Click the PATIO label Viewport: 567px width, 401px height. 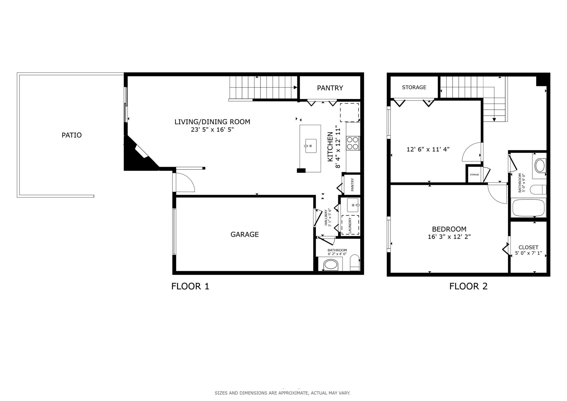pyautogui.click(x=72, y=135)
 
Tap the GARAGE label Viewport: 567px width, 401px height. pyautogui.click(x=245, y=234)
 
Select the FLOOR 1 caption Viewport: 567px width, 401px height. pyautogui.click(x=190, y=286)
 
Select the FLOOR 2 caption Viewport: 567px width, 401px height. pyautogui.click(x=468, y=286)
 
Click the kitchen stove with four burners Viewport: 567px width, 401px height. pyautogui.click(x=353, y=143)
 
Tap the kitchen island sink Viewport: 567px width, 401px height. pyautogui.click(x=310, y=146)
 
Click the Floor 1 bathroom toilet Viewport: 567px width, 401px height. pyautogui.click(x=355, y=263)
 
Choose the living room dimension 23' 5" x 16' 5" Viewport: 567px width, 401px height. pyautogui.click(x=212, y=129)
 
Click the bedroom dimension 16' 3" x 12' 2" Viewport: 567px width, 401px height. pyautogui.click(x=449, y=237)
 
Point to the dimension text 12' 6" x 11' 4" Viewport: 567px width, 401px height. pyautogui.click(x=428, y=149)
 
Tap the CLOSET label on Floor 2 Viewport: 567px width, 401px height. pyautogui.click(x=528, y=247)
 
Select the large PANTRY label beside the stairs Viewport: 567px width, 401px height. pyautogui.click(x=330, y=88)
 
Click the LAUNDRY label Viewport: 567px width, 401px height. pyautogui.click(x=350, y=225)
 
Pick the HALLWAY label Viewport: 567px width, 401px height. pyautogui.click(x=326, y=218)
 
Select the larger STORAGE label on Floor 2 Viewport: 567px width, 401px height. pyautogui.click(x=414, y=87)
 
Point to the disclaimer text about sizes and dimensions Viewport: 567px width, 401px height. pyautogui.click(x=282, y=393)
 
